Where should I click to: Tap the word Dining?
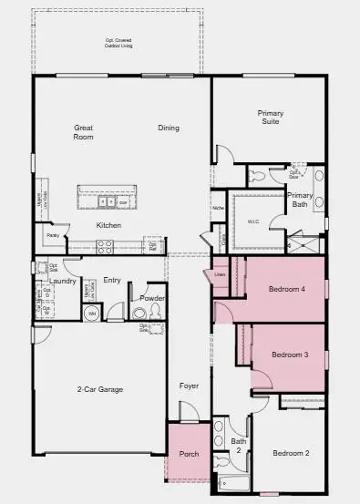(168, 128)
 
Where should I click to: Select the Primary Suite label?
(270, 117)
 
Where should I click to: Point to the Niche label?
(218, 208)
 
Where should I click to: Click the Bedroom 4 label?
(287, 290)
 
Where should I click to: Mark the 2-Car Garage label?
(99, 389)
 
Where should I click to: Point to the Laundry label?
(62, 281)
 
